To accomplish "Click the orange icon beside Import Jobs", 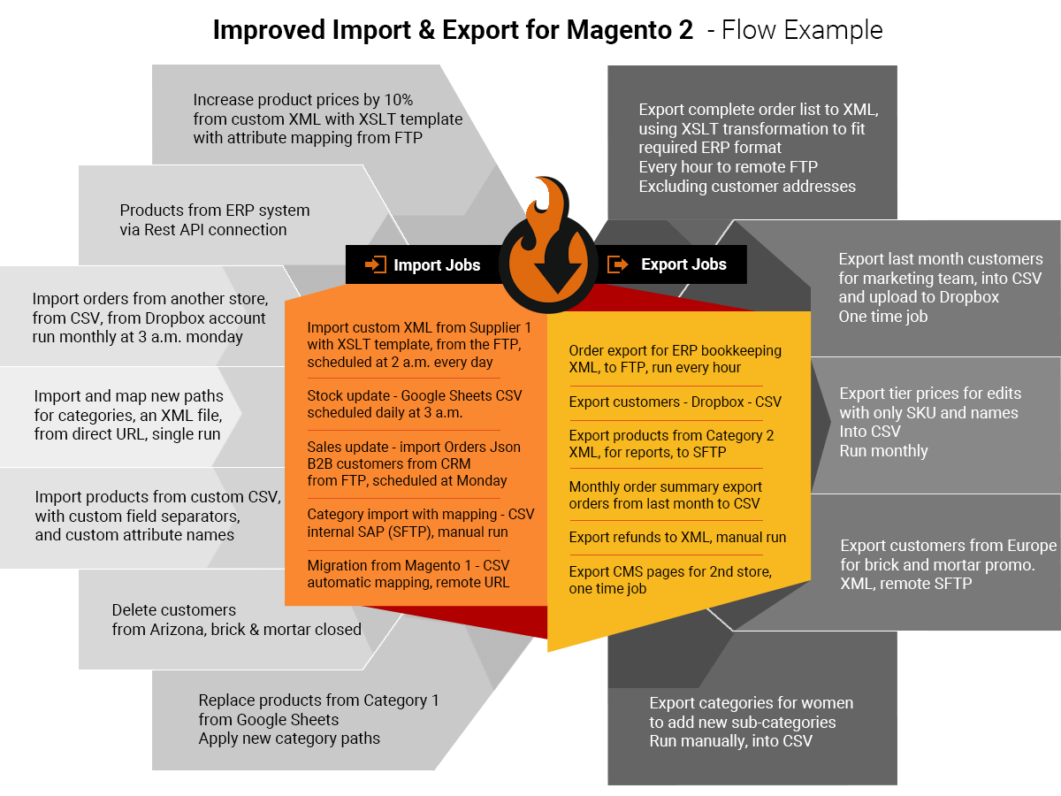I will (x=376, y=264).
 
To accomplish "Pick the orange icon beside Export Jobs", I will (x=618, y=264).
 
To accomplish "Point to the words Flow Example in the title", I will (x=802, y=31).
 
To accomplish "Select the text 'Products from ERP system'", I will (x=215, y=210).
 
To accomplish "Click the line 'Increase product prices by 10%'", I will (x=303, y=100).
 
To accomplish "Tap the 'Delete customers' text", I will (x=174, y=609).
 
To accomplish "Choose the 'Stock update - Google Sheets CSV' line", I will (x=415, y=395).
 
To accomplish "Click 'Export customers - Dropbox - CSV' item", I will (x=676, y=402).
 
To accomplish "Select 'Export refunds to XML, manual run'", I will (x=677, y=537).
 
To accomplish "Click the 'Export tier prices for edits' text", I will (x=930, y=394).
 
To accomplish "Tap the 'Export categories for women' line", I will (x=752, y=703).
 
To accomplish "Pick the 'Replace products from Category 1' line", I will (x=318, y=700).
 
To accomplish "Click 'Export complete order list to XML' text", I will (x=759, y=110).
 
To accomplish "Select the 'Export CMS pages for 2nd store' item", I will (x=670, y=571).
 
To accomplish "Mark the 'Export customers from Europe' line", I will (x=948, y=545).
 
